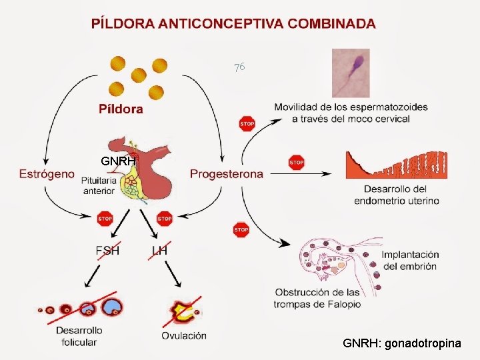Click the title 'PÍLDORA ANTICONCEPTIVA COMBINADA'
[x=233, y=23]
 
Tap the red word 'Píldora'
[x=121, y=109]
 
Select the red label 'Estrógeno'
[x=47, y=174]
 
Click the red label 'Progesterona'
[x=226, y=174]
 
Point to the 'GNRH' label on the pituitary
[x=118, y=161]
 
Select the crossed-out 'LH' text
[x=159, y=251]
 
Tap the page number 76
[x=239, y=67]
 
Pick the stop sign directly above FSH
[x=105, y=218]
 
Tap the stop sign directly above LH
[x=164, y=218]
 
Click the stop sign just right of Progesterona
[x=296, y=162]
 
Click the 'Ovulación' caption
[x=183, y=335]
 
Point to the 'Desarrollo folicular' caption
[x=79, y=336]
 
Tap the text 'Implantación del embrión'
[x=409, y=260]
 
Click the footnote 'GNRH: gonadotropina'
[x=401, y=343]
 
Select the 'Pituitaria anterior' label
[x=99, y=185]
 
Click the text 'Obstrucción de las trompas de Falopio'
[x=317, y=298]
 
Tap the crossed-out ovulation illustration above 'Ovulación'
[x=183, y=309]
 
